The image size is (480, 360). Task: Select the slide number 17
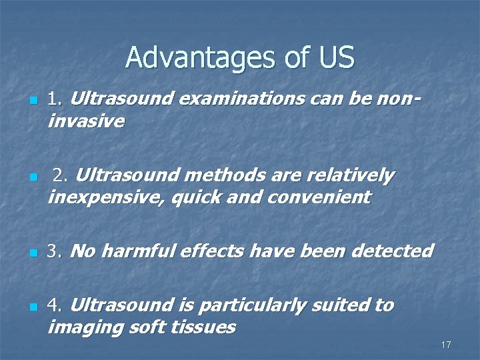point(446,345)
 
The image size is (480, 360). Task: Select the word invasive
point(86,121)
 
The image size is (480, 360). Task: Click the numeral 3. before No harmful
point(55,251)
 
